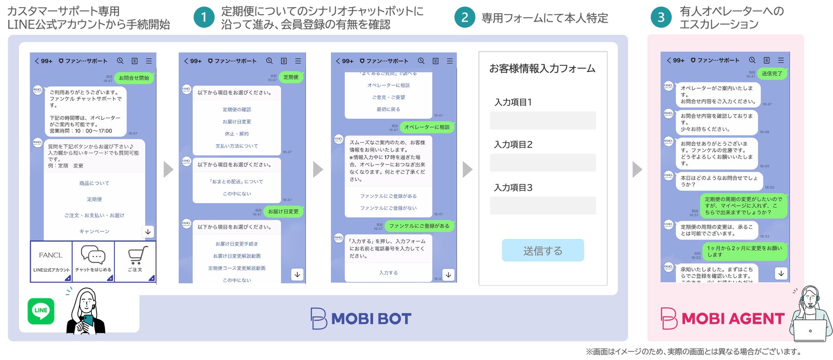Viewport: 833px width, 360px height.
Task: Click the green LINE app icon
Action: [41, 311]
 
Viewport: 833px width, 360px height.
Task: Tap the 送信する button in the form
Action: [543, 250]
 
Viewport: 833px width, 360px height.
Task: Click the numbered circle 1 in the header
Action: [204, 18]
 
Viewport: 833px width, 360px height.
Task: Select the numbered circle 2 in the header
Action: [464, 18]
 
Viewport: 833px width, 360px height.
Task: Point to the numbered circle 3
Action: [661, 18]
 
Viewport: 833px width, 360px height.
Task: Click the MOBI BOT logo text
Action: [371, 319]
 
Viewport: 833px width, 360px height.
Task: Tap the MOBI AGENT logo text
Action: [733, 319]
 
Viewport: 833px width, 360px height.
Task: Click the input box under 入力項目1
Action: [543, 120]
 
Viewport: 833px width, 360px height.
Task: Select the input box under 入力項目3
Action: [543, 205]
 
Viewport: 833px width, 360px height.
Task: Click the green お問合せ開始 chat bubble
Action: [134, 78]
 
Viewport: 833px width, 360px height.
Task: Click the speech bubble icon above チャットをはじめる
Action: [93, 255]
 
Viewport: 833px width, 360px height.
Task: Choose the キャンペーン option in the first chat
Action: [94, 231]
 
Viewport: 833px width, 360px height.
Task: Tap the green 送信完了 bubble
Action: [772, 73]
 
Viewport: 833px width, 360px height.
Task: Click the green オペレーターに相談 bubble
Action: [427, 127]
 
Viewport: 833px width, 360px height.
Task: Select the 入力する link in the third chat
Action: [388, 273]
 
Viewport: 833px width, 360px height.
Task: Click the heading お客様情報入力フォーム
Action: [542, 69]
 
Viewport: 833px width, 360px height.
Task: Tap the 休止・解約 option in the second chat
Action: [237, 134]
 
